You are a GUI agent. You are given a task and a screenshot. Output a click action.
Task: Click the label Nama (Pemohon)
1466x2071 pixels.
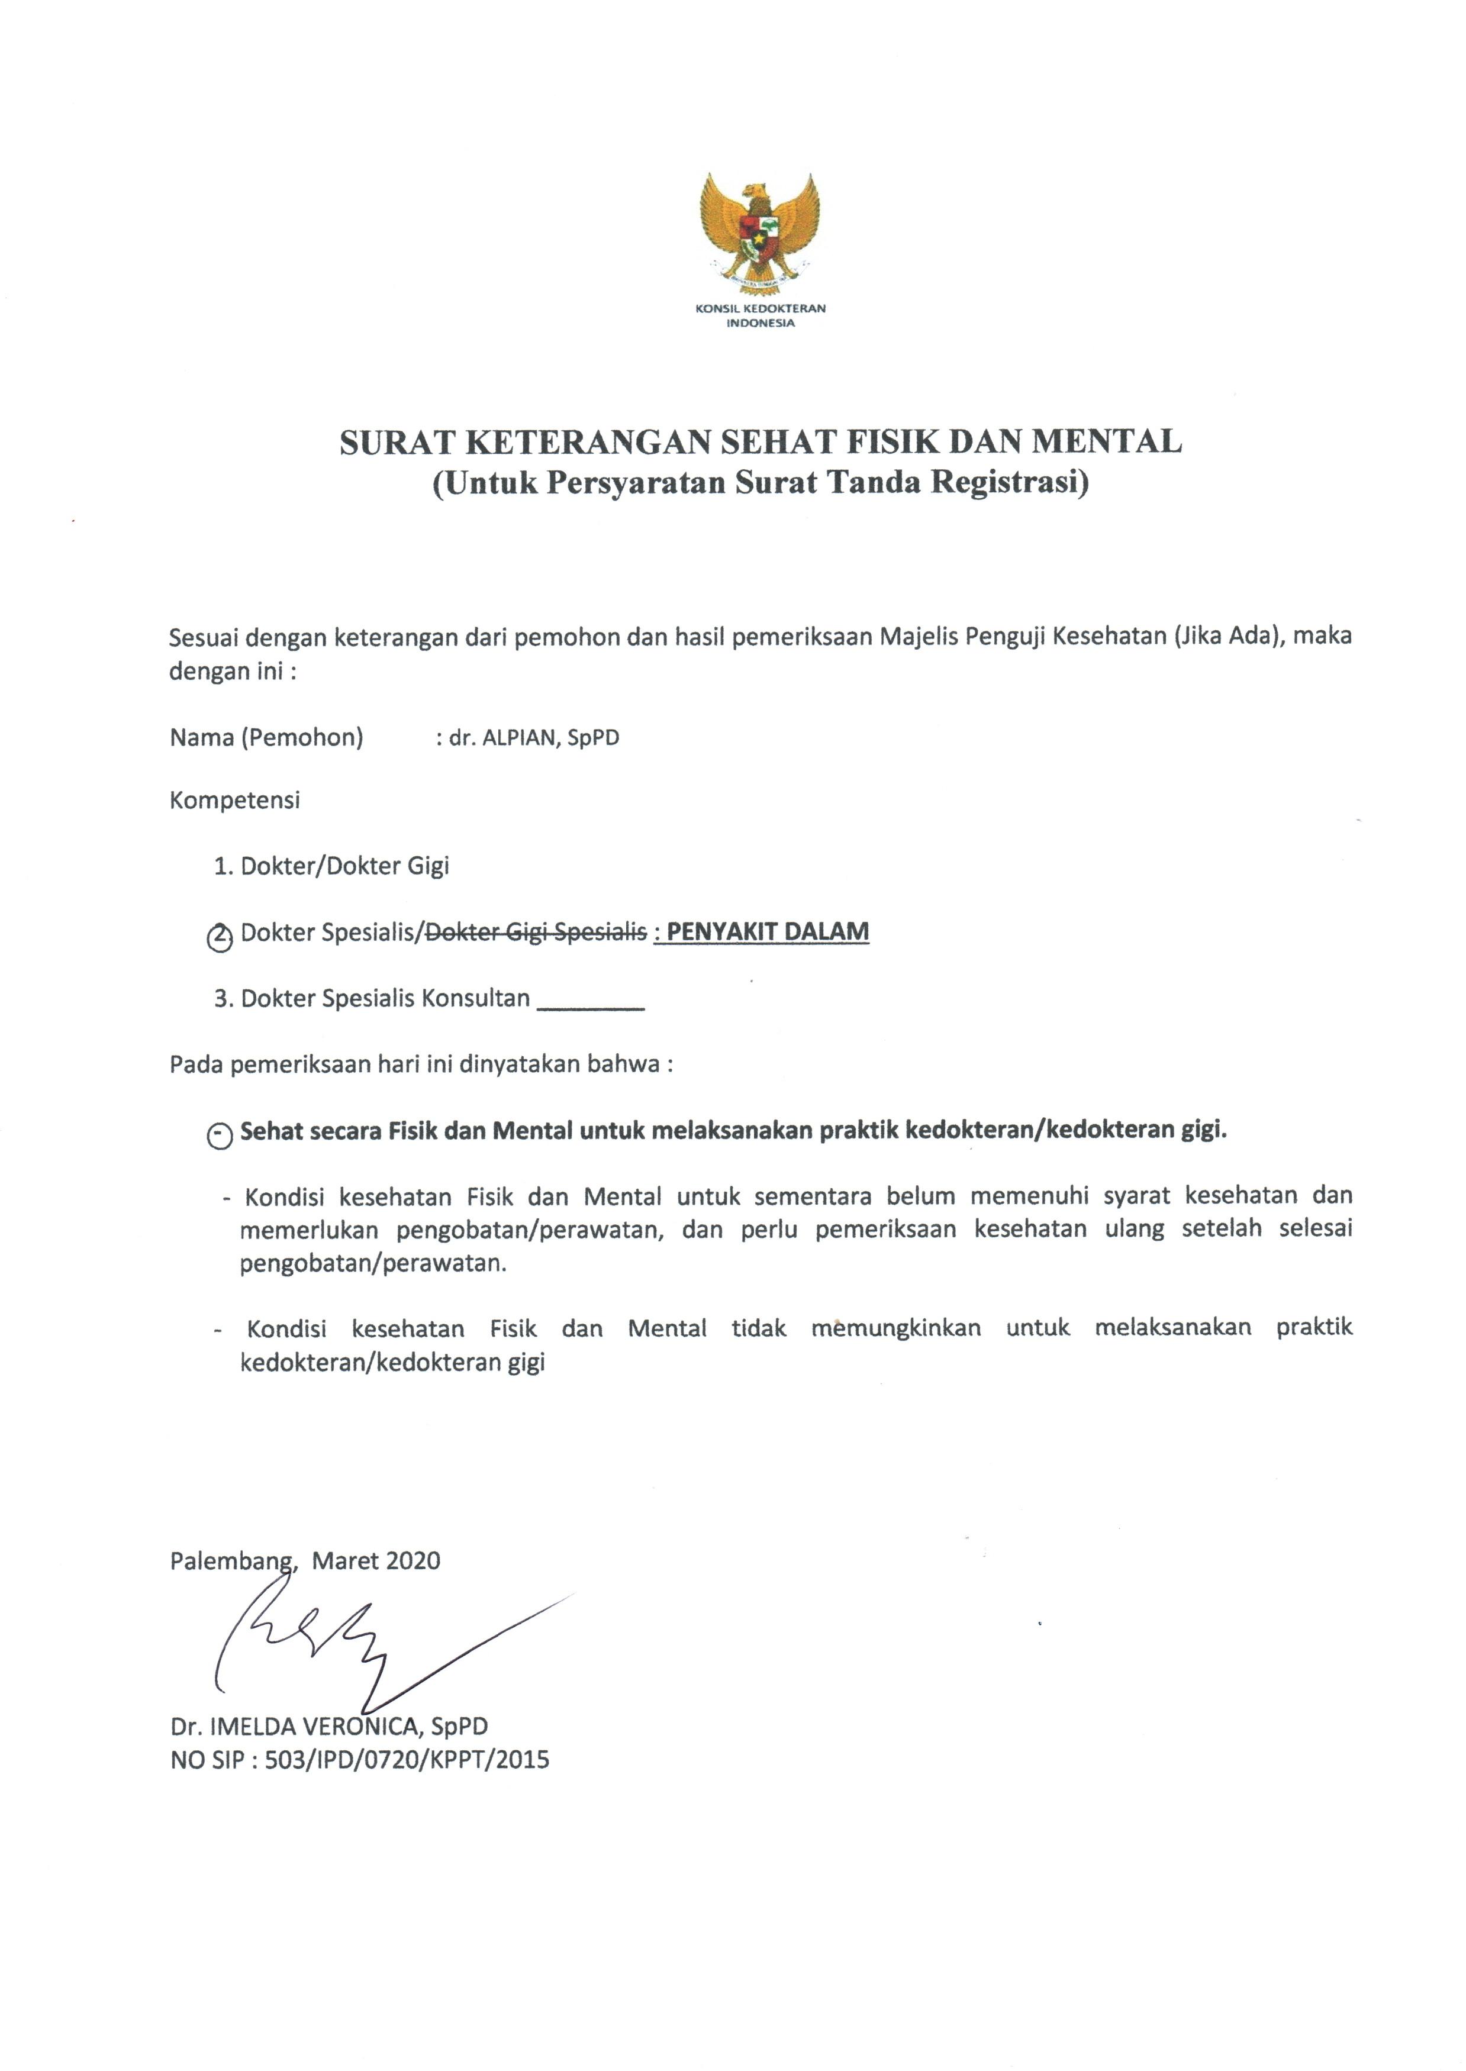266,738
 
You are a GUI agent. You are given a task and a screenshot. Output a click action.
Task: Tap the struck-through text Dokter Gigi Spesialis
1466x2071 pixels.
535,932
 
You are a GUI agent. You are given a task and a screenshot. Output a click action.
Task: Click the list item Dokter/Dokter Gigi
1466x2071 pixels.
344,866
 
